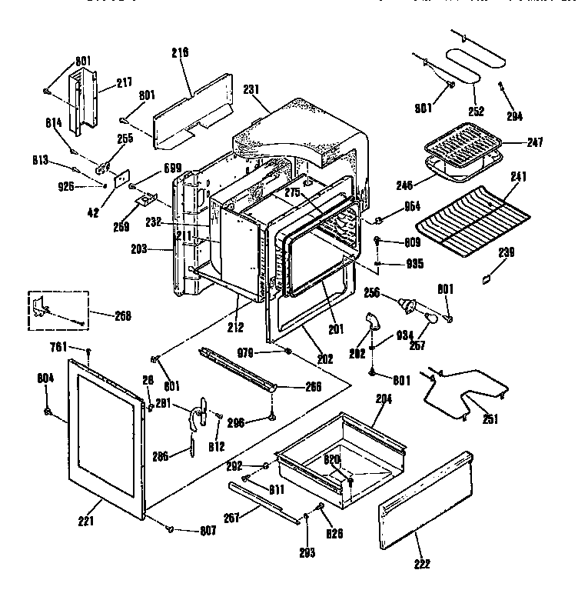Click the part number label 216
[181, 52]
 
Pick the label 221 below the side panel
[85, 522]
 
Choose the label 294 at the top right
[514, 116]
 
